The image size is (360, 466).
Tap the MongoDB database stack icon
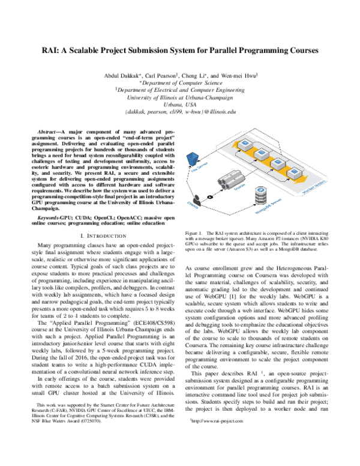point(262,195)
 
